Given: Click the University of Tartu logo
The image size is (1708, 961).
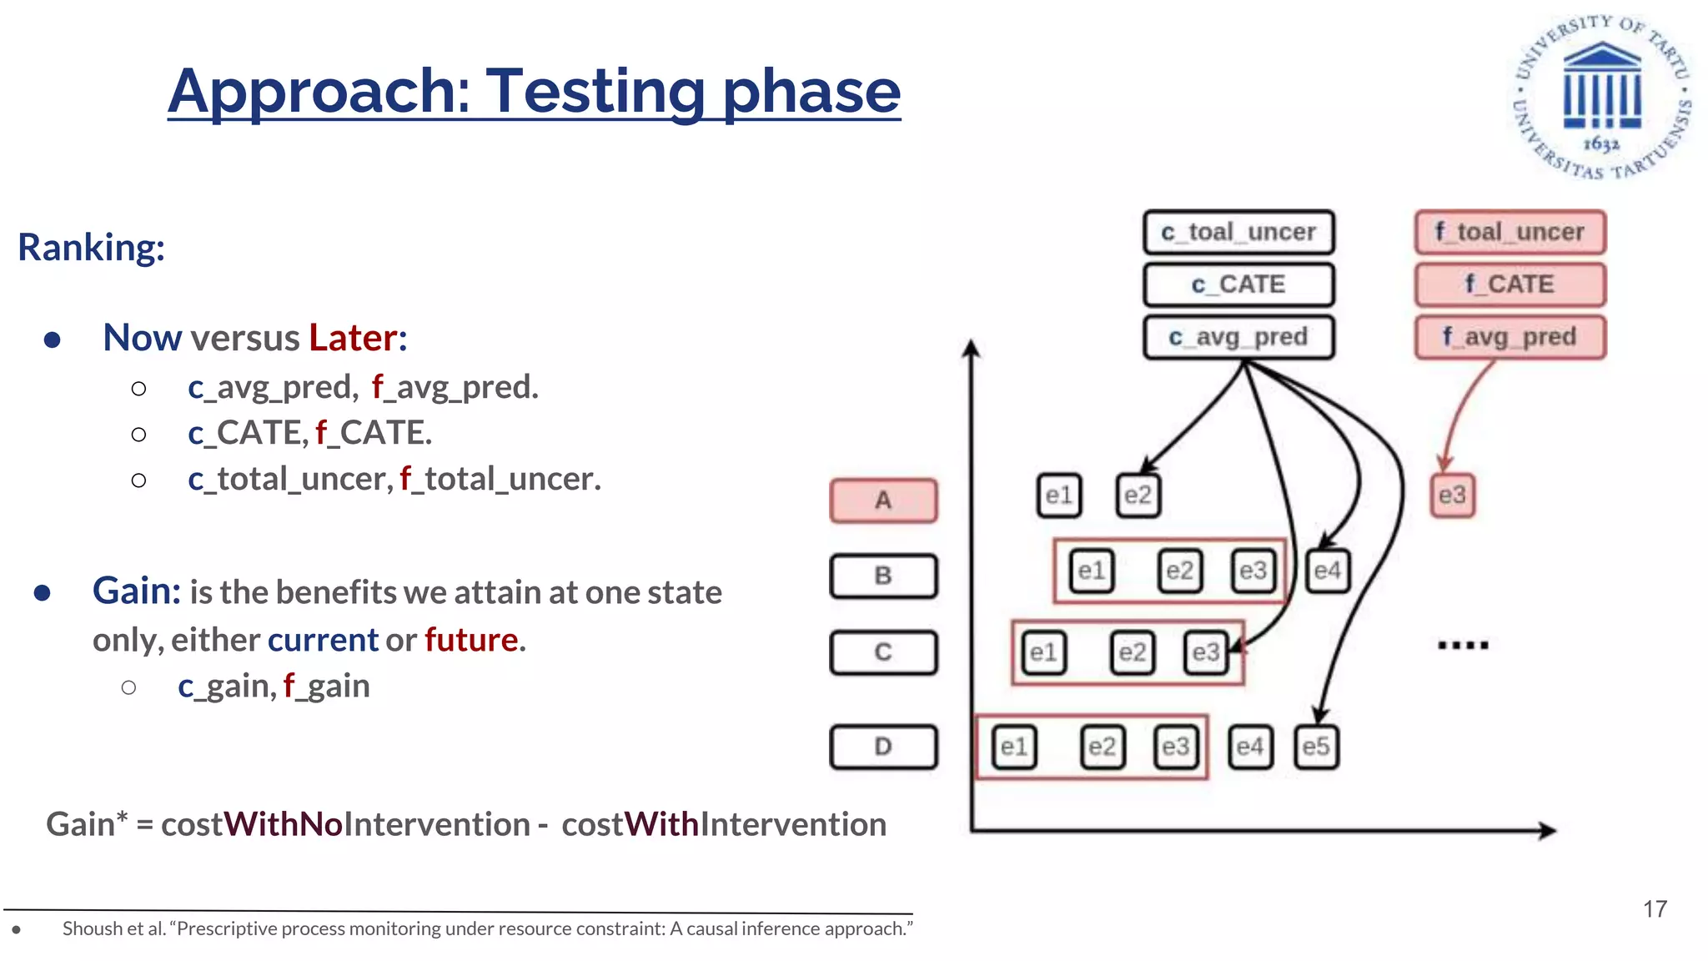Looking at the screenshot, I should tap(1602, 96).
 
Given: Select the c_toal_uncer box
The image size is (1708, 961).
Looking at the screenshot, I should tap(1238, 232).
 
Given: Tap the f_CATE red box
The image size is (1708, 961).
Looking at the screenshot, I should tap(1510, 284).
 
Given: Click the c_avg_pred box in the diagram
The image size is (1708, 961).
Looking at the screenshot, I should tap(1238, 337).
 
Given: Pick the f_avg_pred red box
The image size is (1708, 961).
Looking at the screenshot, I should tap(1510, 337).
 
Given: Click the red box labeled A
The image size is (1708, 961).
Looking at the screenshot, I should tap(883, 501).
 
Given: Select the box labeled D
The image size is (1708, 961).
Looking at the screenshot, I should tap(883, 747).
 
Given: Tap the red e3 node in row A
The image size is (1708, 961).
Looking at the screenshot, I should tap(1452, 496).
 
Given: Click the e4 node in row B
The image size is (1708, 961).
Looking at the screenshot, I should tap(1327, 571).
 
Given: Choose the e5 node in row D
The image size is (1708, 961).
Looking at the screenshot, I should tap(1316, 747).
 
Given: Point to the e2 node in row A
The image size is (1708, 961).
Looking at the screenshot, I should tap(1138, 496).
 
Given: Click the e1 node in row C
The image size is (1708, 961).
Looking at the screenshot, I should tap(1042, 652).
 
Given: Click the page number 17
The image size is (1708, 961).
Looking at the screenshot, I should tap(1655, 909).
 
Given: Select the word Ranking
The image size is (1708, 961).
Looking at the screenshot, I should tap(91, 248).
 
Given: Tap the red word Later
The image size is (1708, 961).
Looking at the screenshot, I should tap(353, 338).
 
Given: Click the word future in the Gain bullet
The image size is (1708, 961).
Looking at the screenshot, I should tap(471, 640).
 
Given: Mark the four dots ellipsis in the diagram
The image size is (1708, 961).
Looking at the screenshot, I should tap(1463, 645).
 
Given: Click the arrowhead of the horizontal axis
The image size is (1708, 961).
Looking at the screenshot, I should tap(1548, 830).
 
